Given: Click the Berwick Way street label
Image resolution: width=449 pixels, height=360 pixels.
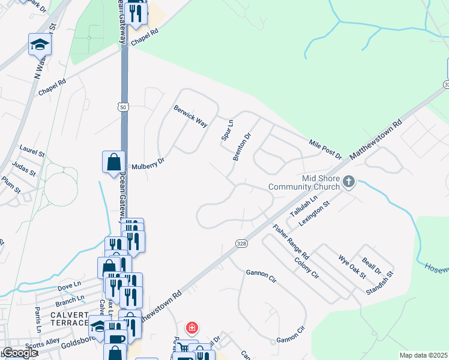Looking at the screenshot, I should (x=190, y=116).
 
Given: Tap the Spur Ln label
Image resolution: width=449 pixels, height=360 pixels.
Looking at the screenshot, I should (x=228, y=129).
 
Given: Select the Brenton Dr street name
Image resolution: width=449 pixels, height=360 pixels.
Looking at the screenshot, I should (x=241, y=146).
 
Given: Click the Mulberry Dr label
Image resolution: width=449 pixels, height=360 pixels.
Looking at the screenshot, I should (x=148, y=165).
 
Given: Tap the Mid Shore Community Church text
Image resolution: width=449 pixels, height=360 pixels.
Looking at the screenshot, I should (x=303, y=182).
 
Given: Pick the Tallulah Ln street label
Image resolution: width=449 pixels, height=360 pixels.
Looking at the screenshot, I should (x=303, y=206).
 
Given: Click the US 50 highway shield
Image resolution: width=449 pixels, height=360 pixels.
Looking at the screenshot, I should (x=122, y=106).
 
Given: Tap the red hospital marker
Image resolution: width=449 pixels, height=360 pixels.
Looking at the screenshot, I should (x=191, y=328).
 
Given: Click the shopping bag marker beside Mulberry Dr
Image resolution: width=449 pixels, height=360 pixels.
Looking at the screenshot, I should (x=113, y=162).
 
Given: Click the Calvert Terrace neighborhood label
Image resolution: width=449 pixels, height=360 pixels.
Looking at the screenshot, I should (x=70, y=319).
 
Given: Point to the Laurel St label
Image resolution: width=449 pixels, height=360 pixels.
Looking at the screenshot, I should (x=32, y=150).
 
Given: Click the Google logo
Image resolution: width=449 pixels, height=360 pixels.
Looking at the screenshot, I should (x=19, y=353).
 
